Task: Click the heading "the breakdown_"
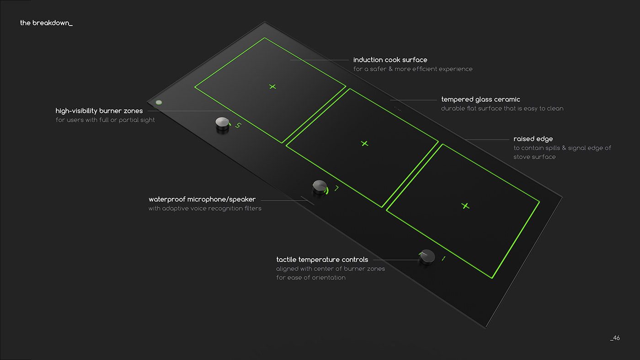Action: click(x=46, y=23)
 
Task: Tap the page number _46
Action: click(x=614, y=338)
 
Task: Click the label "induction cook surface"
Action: click(x=390, y=60)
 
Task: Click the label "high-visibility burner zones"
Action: click(x=99, y=111)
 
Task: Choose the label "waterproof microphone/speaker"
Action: click(x=202, y=199)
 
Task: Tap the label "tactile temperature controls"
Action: click(x=322, y=259)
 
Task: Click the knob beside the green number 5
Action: click(x=222, y=124)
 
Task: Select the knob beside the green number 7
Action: click(x=320, y=186)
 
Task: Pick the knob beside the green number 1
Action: click(x=427, y=257)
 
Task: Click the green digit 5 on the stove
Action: click(x=238, y=125)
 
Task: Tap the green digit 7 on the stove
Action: click(x=336, y=188)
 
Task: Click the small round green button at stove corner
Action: click(x=159, y=102)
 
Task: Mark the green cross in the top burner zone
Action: click(x=272, y=86)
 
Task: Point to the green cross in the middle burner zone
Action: click(x=364, y=143)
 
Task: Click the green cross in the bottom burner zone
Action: click(x=465, y=206)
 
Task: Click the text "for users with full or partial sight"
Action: click(x=105, y=120)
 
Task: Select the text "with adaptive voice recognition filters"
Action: click(x=205, y=209)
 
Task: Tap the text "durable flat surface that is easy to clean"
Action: click(x=502, y=109)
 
